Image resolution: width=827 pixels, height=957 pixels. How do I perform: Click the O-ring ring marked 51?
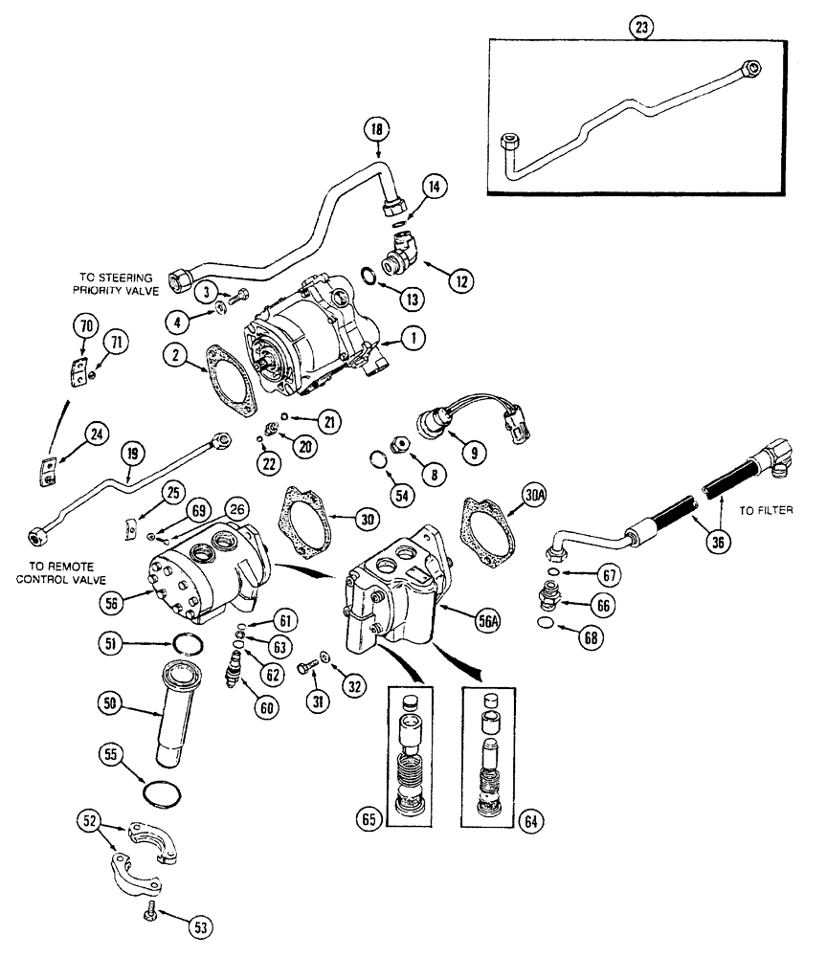coord(182,645)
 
